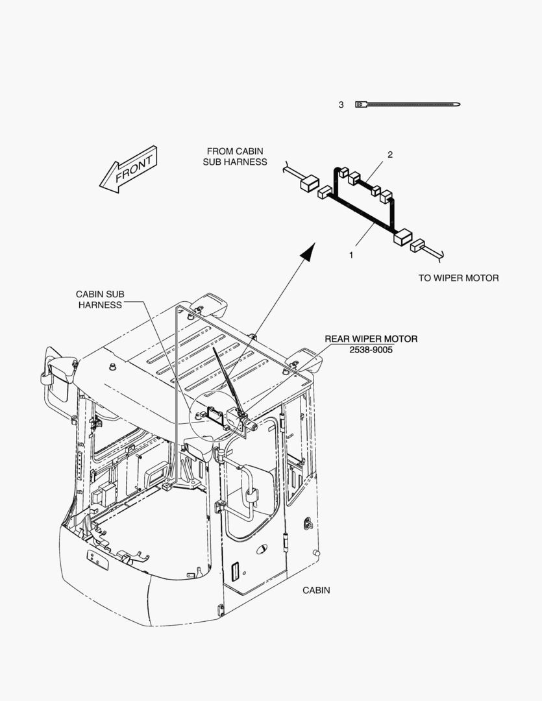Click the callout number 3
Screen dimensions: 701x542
(x=341, y=105)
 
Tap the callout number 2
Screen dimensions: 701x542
(x=390, y=154)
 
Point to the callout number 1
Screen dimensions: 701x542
(x=351, y=255)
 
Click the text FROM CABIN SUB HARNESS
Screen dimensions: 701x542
(x=234, y=156)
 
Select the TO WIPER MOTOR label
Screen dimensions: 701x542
(x=458, y=278)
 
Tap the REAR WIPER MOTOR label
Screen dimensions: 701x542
(x=371, y=339)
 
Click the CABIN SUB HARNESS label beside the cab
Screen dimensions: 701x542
(x=100, y=299)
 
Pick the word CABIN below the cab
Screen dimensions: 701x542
(x=316, y=590)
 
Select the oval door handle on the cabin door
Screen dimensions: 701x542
(x=261, y=548)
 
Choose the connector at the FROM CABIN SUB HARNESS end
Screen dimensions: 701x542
(x=308, y=184)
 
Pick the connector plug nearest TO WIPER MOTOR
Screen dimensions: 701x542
(x=417, y=247)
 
